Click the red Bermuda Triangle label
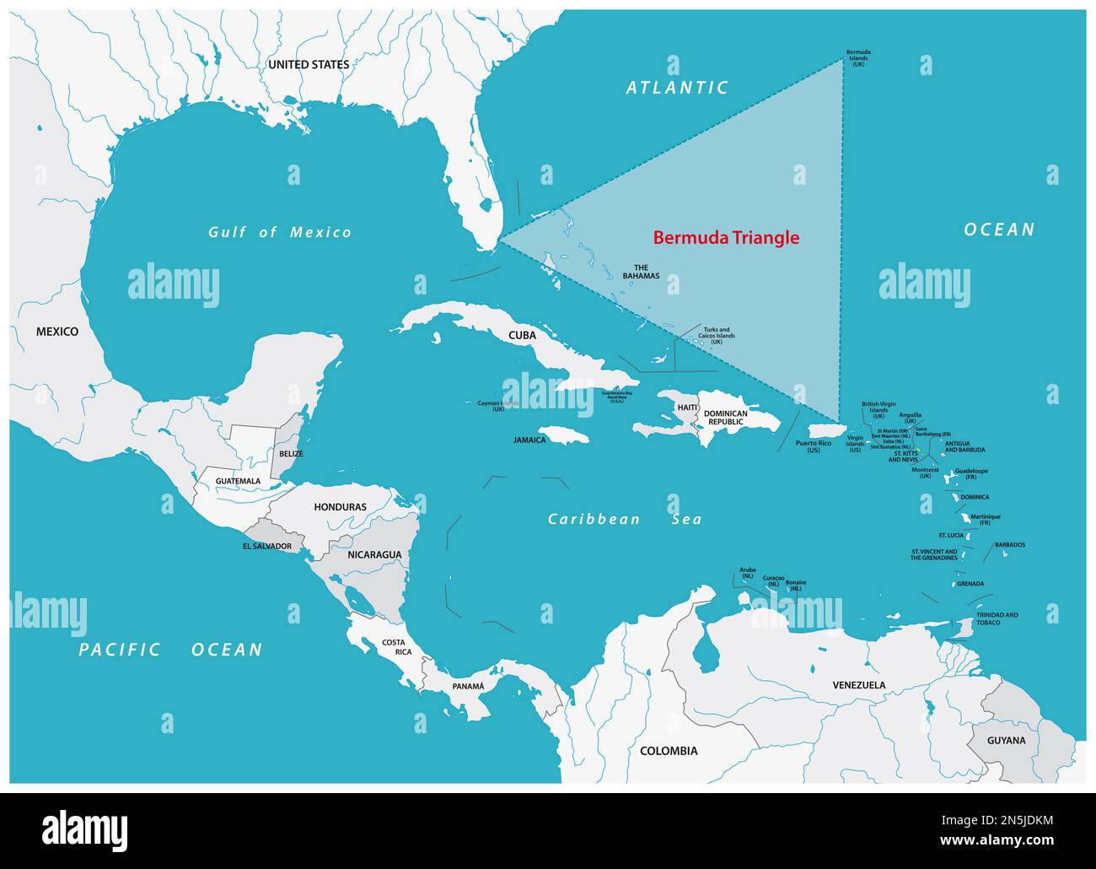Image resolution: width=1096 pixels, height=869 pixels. pyautogui.click(x=726, y=238)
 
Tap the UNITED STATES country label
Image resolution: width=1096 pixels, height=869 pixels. pyautogui.click(x=308, y=65)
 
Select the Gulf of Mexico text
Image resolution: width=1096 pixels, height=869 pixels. pyautogui.click(x=280, y=232)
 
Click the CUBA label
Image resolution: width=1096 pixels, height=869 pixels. pyautogui.click(x=522, y=335)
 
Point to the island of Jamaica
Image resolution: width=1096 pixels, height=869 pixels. pyautogui.click(x=562, y=434)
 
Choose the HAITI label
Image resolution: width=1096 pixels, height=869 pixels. pyautogui.click(x=687, y=408)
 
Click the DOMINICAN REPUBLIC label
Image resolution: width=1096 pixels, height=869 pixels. pyautogui.click(x=726, y=418)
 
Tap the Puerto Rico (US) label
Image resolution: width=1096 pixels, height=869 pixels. pyautogui.click(x=813, y=446)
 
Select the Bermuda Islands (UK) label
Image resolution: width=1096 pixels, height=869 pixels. pyautogui.click(x=858, y=57)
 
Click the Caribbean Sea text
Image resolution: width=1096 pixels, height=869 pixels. pyautogui.click(x=624, y=520)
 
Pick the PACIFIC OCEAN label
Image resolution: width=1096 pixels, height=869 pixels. pyautogui.click(x=170, y=649)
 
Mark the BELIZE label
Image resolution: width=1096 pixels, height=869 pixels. pyautogui.click(x=290, y=454)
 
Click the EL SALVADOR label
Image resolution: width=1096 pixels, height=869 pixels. pyautogui.click(x=266, y=546)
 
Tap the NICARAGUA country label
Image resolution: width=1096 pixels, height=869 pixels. pyautogui.click(x=374, y=554)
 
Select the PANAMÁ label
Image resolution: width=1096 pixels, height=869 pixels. pyautogui.click(x=468, y=686)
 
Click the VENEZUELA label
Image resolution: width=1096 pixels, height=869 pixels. pyautogui.click(x=858, y=685)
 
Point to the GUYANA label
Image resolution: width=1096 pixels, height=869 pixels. pyautogui.click(x=1007, y=741)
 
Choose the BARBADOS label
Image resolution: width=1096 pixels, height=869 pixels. pyautogui.click(x=1009, y=545)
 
